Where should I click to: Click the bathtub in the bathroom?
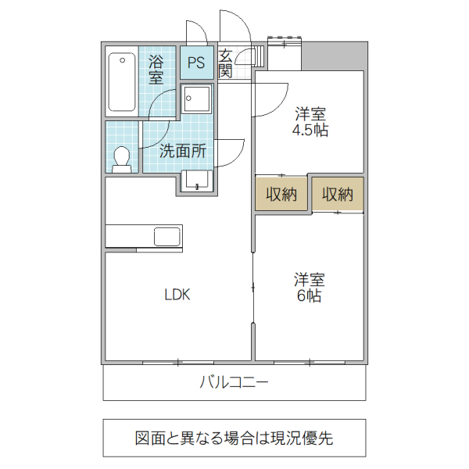point(121,81)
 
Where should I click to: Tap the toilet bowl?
point(121,158)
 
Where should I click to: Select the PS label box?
point(196,63)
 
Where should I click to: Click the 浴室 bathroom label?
point(156,69)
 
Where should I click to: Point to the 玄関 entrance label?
point(225,63)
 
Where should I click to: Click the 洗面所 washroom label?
point(183,152)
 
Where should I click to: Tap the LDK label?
point(177,295)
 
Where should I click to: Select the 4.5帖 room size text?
point(310,131)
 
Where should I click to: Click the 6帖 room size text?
point(310,296)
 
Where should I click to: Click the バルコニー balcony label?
point(234,382)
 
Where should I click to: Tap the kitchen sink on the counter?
point(167,236)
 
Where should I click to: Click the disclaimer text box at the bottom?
point(234,438)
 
